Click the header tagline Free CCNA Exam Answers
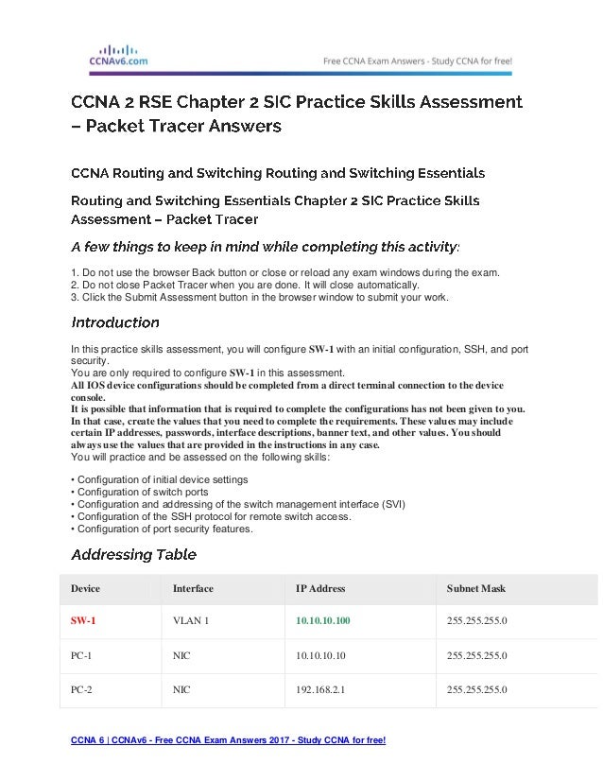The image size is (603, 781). click(x=419, y=60)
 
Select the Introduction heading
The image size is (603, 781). click(x=115, y=322)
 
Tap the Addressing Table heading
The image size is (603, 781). click(x=134, y=554)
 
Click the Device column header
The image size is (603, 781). click(x=85, y=588)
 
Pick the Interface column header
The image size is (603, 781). click(x=193, y=588)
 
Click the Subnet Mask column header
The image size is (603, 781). click(x=475, y=588)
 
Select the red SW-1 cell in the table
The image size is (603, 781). click(x=83, y=621)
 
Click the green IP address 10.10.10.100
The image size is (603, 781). click(x=323, y=621)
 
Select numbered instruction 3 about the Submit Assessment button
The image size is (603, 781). click(x=260, y=298)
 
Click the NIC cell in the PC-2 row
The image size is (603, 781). click(x=181, y=689)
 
